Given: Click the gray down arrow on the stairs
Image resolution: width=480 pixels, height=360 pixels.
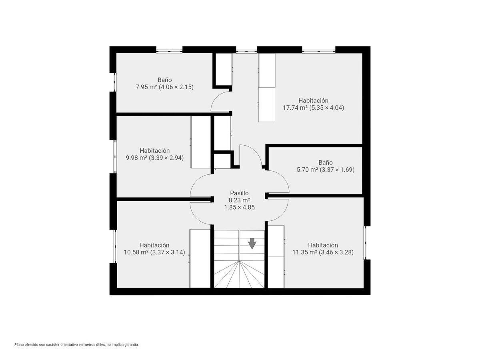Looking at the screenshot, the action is click(252, 243).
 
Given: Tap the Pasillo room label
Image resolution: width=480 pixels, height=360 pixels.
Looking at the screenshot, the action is click(239, 193).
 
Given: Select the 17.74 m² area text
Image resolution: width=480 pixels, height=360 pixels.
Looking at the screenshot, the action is click(295, 108).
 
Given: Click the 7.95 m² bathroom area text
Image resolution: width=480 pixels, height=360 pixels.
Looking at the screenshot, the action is click(146, 87).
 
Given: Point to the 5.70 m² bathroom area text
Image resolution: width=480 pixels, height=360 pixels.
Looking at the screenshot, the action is click(307, 170).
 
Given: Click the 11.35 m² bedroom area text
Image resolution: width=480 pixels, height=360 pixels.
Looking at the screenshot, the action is click(305, 252).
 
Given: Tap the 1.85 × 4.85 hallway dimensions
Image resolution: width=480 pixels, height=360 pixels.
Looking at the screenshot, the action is click(240, 207).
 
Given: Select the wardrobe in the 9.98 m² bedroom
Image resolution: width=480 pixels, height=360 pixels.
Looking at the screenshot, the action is click(200, 142).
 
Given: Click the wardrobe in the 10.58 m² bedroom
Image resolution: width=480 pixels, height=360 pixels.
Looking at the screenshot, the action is click(200, 258).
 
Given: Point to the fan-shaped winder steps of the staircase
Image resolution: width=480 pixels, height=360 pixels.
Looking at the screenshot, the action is click(239, 274).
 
